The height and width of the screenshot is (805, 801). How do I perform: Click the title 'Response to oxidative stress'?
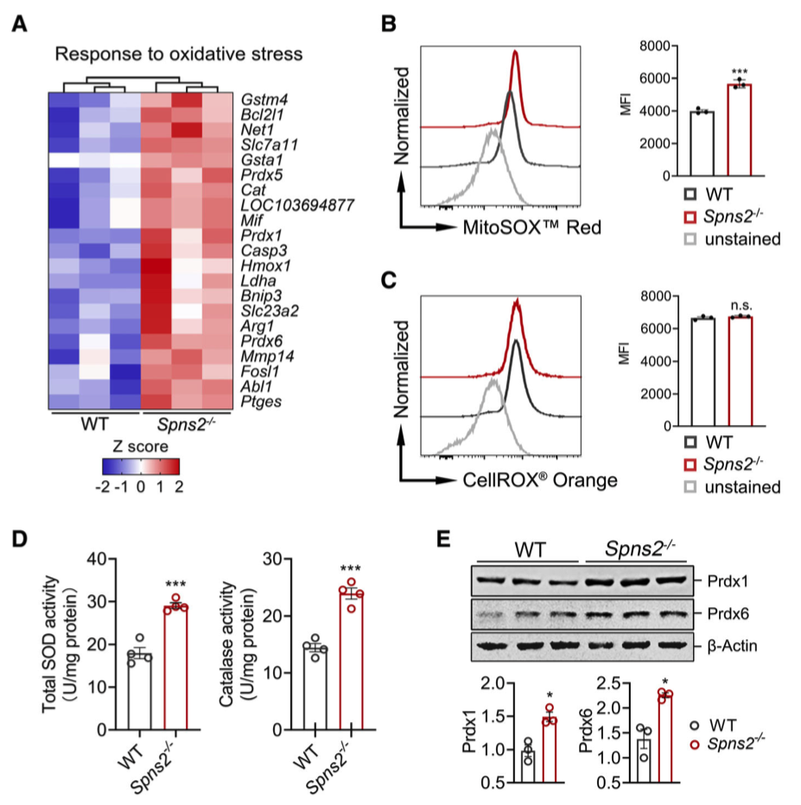point(178,54)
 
